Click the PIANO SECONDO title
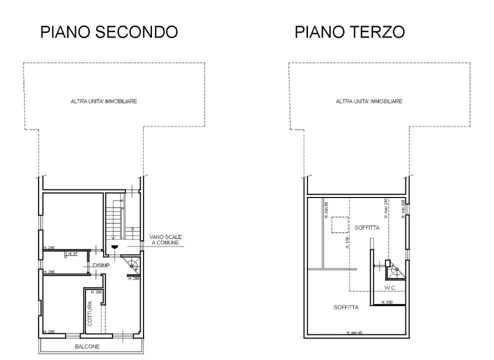click(x=109, y=32)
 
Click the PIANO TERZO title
click(x=349, y=32)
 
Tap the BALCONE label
click(x=88, y=346)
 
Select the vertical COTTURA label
click(x=90, y=313)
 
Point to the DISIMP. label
click(x=101, y=265)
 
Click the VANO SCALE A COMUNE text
click(x=165, y=240)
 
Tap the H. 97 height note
click(x=73, y=254)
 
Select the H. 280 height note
click(x=49, y=272)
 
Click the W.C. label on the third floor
click(x=391, y=287)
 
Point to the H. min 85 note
click(x=325, y=210)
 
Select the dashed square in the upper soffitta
click(x=339, y=225)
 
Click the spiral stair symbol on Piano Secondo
click(x=133, y=265)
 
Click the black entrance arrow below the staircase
click(x=115, y=246)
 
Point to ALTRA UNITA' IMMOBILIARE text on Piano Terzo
click(x=369, y=101)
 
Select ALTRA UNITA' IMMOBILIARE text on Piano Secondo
click(x=104, y=101)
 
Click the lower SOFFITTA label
click(x=346, y=307)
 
